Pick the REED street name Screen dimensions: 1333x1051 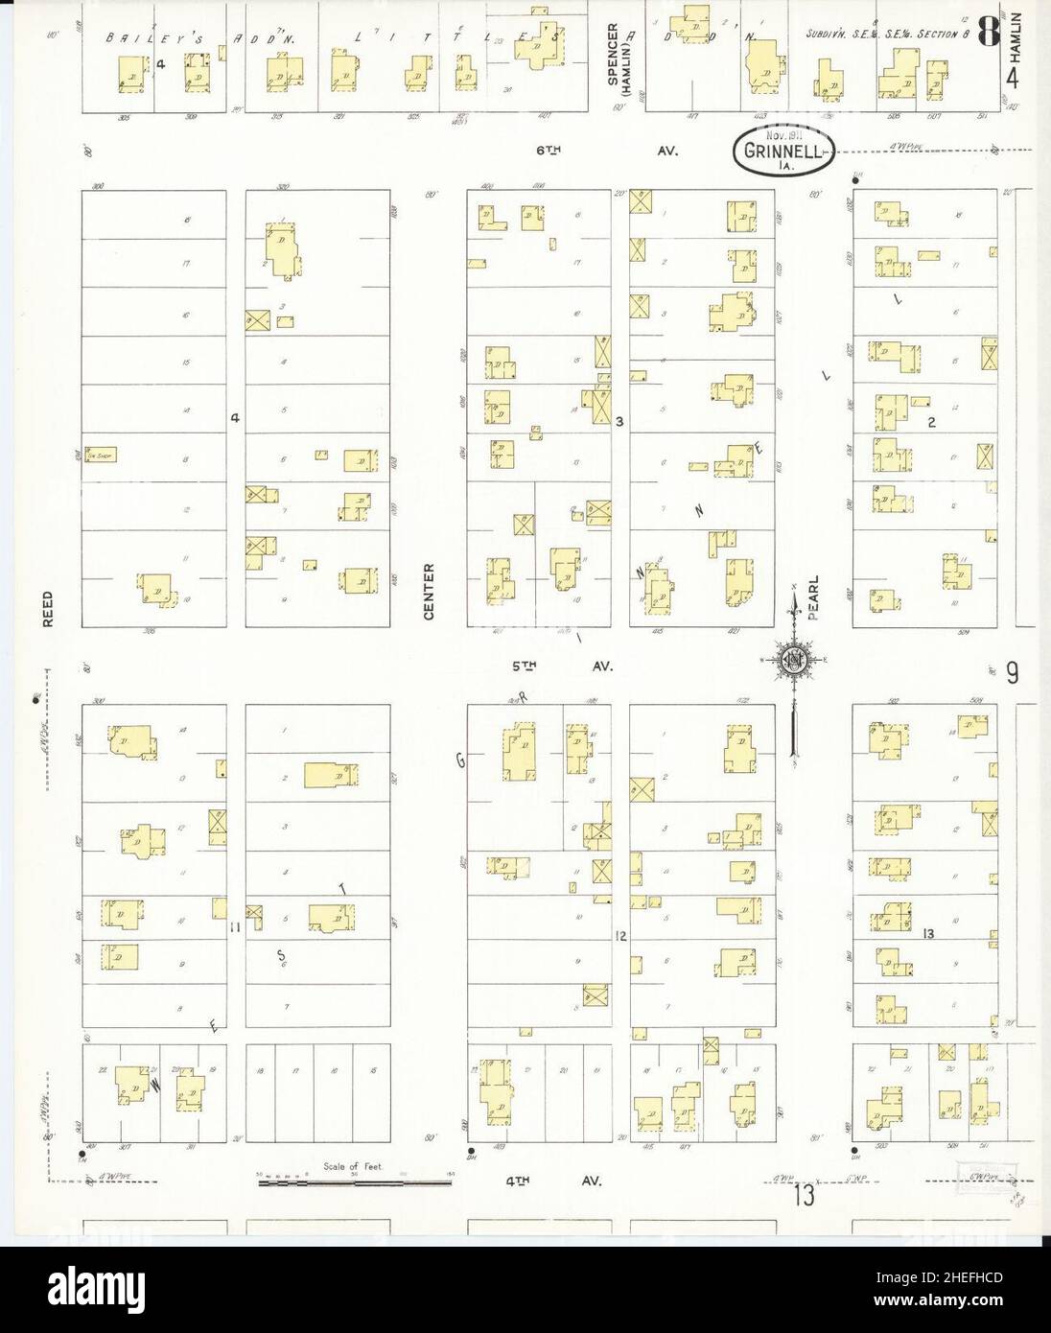coord(47,609)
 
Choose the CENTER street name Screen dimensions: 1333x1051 coord(429,591)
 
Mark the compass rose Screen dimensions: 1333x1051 coord(794,660)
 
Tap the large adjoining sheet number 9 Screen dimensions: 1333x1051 coord(1012,674)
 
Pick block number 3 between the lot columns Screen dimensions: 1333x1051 coord(619,420)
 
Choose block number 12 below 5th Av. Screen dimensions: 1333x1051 coord(620,934)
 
